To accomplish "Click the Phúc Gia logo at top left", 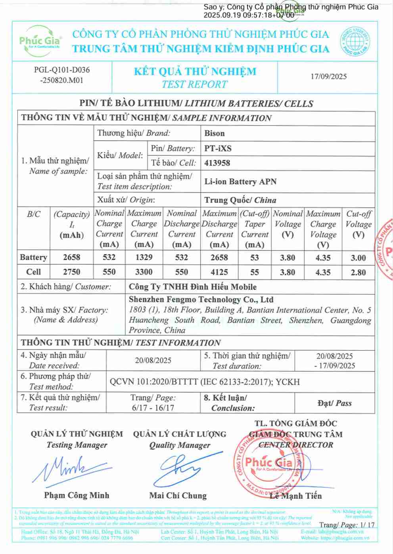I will point(40,41).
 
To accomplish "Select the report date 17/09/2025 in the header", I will point(328,76).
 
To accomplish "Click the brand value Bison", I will point(215,134).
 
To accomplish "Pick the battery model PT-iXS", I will point(218,149).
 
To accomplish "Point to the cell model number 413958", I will point(217,163).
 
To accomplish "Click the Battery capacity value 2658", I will point(71,258).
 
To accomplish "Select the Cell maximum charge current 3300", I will point(144,272).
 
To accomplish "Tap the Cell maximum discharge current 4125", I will point(219,272).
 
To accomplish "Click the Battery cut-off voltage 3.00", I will point(358,258).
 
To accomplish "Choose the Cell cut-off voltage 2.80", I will point(358,273).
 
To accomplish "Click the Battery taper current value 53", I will point(255,258).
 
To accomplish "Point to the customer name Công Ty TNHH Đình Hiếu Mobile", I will point(193,287).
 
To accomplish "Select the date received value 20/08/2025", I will point(153,360).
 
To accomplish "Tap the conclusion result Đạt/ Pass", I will point(334,403).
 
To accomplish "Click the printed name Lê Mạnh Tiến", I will point(295,496).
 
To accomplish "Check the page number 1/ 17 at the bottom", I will point(367,525).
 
